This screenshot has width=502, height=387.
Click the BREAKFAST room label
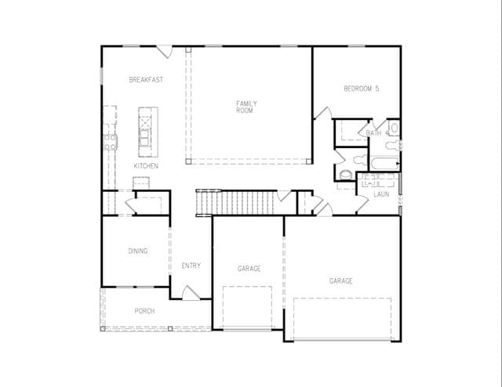(146, 80)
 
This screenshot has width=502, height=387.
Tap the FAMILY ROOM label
(246, 107)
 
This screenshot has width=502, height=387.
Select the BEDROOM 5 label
(361, 89)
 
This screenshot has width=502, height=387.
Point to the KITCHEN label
(146, 165)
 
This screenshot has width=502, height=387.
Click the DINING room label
(138, 251)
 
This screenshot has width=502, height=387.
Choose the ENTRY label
(191, 266)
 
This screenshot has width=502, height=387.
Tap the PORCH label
(144, 311)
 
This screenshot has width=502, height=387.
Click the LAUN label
(381, 194)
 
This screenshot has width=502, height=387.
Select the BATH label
(373, 132)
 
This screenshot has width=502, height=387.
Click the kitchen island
(148, 132)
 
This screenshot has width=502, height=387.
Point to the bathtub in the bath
(384, 164)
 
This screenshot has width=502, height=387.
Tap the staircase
(235, 202)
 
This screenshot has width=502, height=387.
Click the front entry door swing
(191, 293)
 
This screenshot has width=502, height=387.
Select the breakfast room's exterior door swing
(164, 52)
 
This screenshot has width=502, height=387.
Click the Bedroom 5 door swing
(323, 113)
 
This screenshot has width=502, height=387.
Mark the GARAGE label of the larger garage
(341, 281)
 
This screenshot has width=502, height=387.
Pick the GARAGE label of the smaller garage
(249, 269)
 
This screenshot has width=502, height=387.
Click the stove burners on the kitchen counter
(111, 143)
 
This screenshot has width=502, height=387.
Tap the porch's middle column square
(170, 328)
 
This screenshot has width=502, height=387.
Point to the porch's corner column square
(103, 328)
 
